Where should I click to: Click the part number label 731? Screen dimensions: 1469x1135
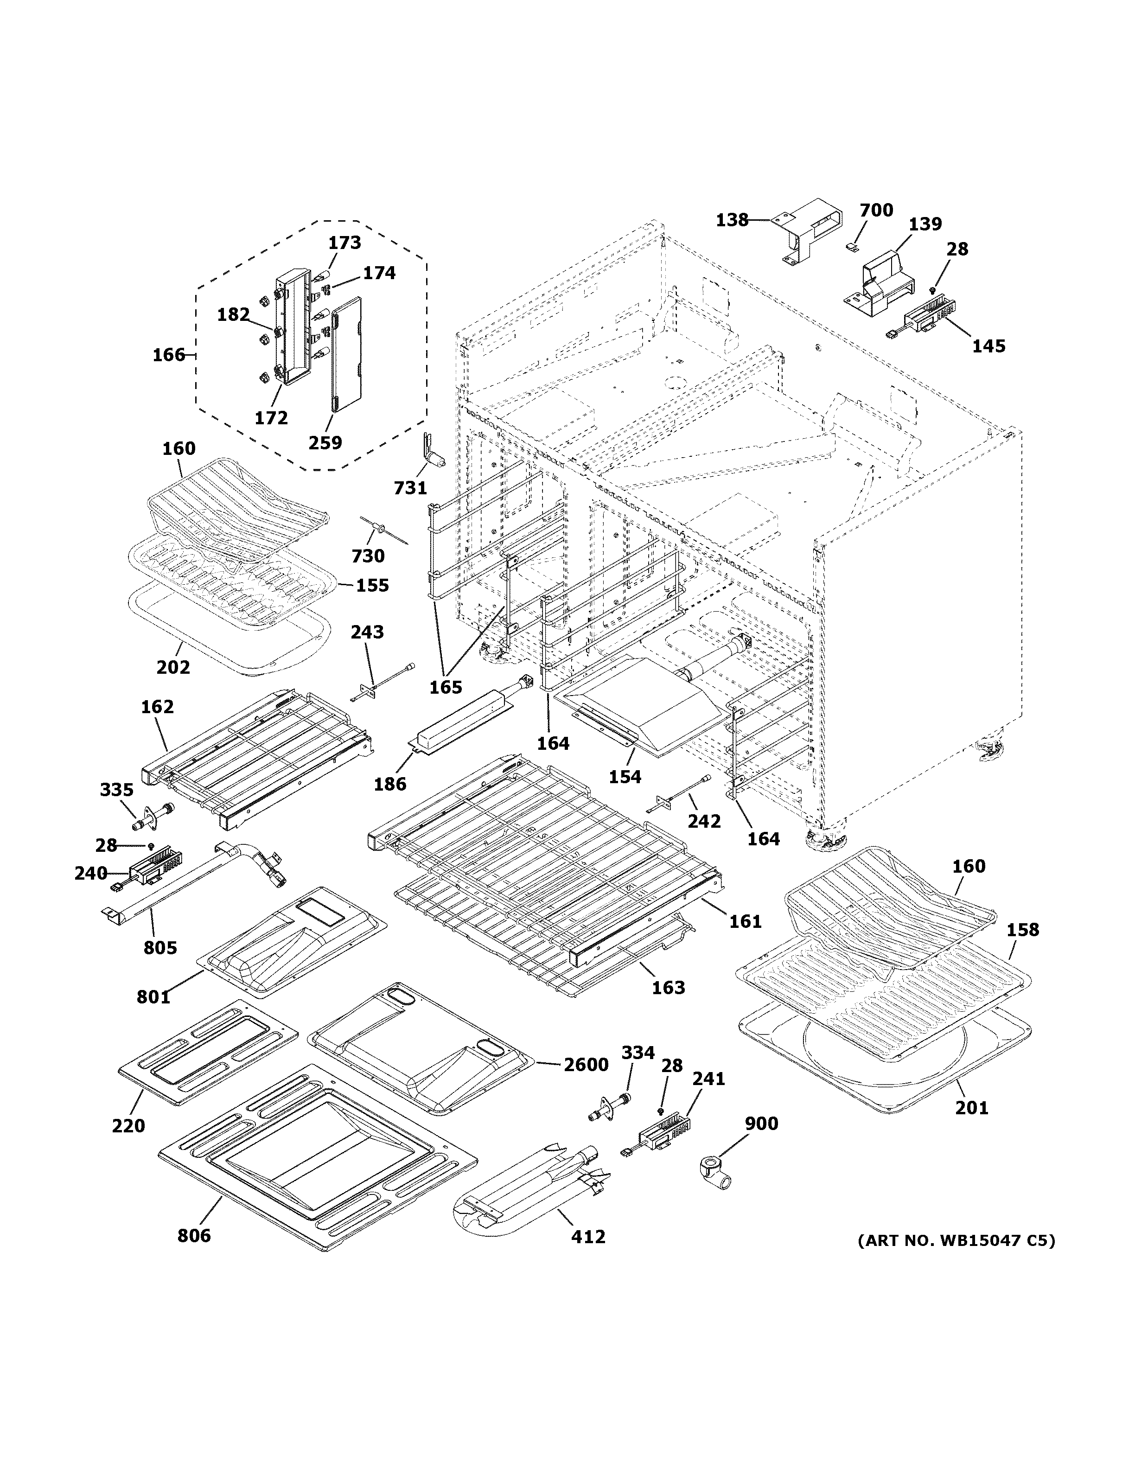[410, 488]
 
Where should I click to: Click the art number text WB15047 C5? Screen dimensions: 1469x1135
[956, 1240]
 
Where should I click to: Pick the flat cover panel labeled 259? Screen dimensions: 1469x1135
[346, 354]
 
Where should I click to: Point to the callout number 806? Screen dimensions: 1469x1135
[194, 1236]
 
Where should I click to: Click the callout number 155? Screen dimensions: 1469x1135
[372, 585]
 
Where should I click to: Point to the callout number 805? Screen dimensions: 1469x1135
[160, 948]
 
